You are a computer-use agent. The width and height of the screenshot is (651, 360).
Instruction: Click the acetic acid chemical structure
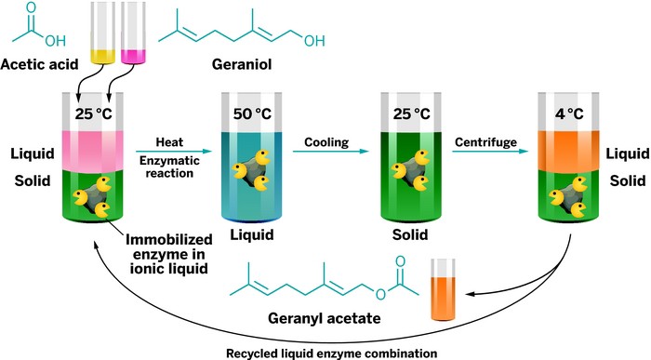36,31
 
